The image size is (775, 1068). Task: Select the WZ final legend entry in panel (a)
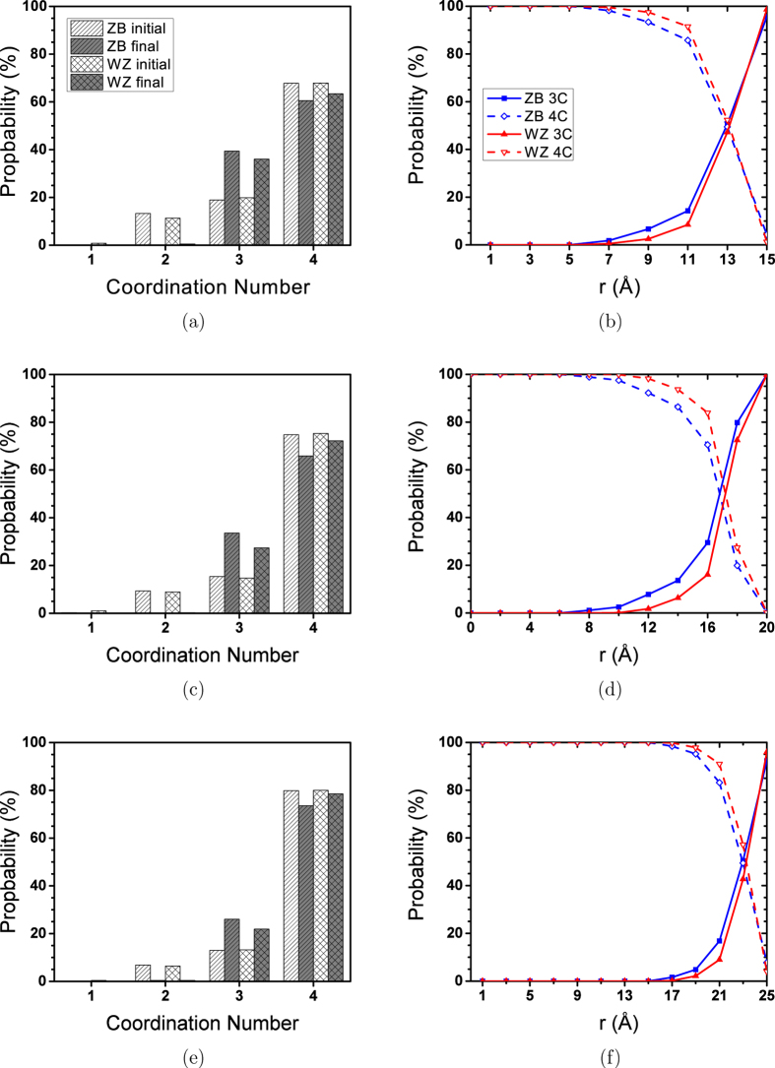(107, 83)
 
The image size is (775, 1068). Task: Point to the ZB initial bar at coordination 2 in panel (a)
(143, 228)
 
